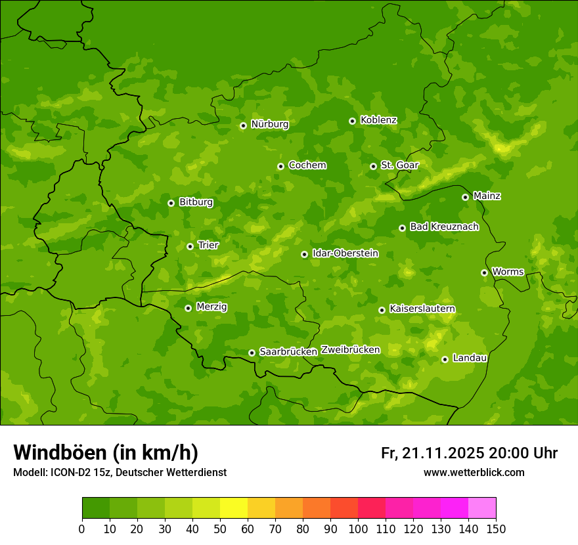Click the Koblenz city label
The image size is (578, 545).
pos(378,120)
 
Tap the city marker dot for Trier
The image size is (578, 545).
pos(190,246)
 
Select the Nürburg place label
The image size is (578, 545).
pos(269,124)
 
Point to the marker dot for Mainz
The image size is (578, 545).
pos(465,197)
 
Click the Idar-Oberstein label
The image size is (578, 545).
pos(345,253)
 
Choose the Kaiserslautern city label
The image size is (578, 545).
pos(422,309)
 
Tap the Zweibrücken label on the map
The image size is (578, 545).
pos(350,350)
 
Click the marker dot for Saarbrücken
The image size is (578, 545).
pos(252,353)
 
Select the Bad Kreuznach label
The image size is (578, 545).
pos(444,227)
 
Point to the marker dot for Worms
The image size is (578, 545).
pos(484,272)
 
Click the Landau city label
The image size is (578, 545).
pos(470,358)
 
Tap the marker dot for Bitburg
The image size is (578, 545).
pos(171,203)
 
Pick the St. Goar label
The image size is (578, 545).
pos(399,165)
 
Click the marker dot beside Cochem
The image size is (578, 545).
pos(280,166)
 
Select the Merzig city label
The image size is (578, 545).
pos(211,307)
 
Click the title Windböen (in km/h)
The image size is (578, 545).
pos(106,452)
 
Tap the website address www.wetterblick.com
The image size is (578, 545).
pos(474,472)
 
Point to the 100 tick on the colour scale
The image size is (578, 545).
pos(358,528)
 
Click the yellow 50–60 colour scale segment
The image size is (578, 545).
pos(234,508)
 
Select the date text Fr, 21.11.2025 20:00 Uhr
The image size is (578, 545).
pos(469,453)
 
